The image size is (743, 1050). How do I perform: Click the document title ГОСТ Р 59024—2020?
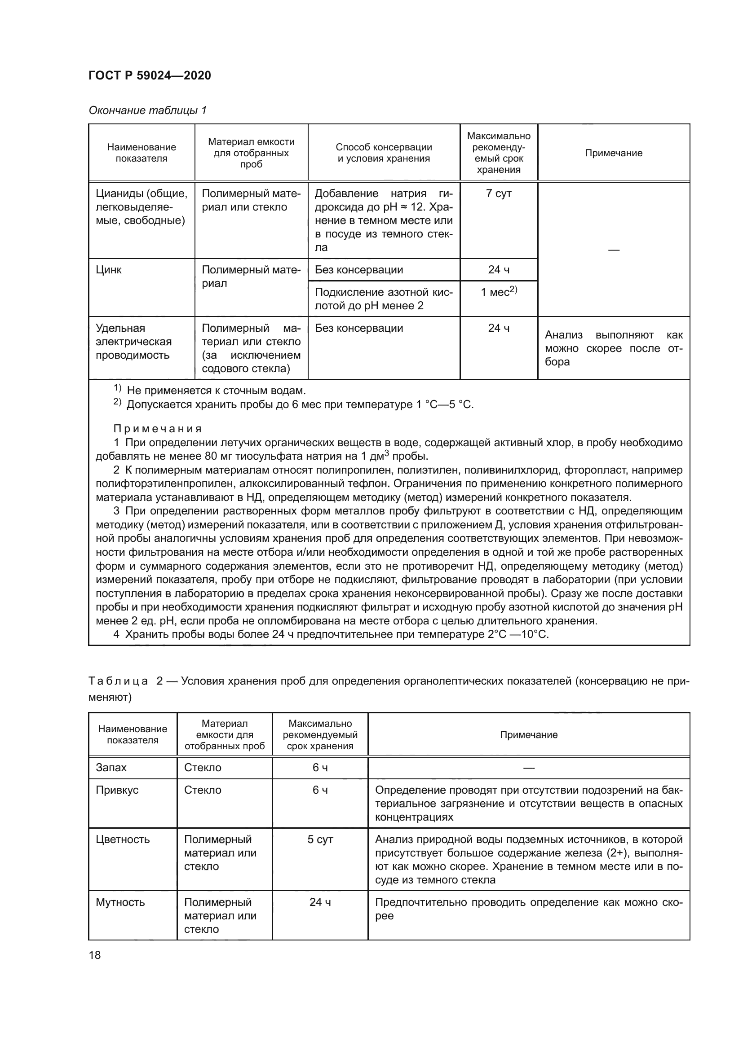coord(150,75)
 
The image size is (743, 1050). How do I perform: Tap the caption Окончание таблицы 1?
coord(147,110)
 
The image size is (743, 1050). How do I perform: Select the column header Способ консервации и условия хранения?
coord(383,153)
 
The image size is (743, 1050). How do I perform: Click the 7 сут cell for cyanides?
coord(498,193)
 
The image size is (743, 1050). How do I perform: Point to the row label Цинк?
coord(108,270)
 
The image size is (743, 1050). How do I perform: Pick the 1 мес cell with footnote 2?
coord(498,292)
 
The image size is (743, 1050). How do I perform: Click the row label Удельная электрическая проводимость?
coord(133,342)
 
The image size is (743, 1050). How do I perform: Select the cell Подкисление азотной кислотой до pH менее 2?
coord(383,299)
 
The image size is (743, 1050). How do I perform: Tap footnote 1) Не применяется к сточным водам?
coord(210,391)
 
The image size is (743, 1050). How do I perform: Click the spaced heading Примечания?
coord(157,429)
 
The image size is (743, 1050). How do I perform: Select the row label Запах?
coord(111,767)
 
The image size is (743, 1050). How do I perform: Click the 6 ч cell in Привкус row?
coord(320,790)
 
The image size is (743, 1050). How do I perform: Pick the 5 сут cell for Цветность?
coord(320,839)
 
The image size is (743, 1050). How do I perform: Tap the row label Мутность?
coord(120,902)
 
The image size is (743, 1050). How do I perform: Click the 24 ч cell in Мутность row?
coord(320,902)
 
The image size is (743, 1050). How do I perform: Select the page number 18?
coord(95,955)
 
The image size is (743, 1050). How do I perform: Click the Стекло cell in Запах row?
coord(203,767)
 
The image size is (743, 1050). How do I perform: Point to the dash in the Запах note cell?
coord(528,768)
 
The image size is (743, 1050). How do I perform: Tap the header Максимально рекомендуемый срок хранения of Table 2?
coord(320,735)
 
